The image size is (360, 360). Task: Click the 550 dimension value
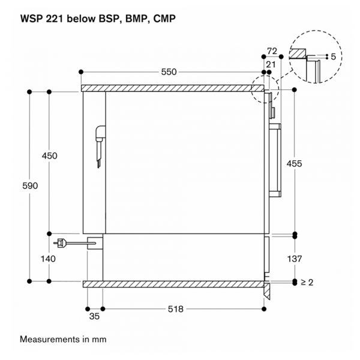169,72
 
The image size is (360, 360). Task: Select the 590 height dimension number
30,186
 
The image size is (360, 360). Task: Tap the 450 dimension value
49,156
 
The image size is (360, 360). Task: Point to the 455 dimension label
295,164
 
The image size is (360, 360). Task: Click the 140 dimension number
48,259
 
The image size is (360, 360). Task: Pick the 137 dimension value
295,259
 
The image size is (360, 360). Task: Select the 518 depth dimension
176,309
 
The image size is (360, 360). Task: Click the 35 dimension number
94,316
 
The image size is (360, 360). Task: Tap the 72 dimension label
272,51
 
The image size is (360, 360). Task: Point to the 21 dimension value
271,65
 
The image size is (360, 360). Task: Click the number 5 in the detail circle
334,57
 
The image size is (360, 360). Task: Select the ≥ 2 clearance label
307,282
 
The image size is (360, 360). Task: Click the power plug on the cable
60,243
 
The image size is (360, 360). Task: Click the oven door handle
275,160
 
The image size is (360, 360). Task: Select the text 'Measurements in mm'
63,339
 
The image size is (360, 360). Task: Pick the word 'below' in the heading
81,19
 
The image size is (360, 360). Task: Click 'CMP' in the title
164,19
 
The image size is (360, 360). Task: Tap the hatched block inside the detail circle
298,53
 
